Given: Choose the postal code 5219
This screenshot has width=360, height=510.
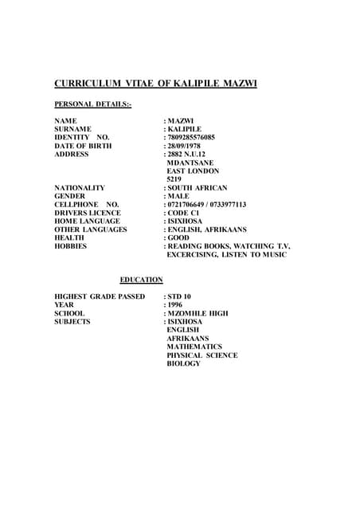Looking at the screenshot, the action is click(x=174, y=179).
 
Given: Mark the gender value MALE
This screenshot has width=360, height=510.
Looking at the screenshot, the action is click(x=178, y=196).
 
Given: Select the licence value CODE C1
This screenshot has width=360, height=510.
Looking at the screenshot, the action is click(x=185, y=213).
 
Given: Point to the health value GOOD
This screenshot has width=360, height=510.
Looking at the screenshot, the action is click(x=179, y=238).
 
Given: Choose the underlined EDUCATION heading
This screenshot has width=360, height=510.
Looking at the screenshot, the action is click(x=141, y=280).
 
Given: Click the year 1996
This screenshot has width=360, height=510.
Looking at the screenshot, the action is click(x=174, y=305).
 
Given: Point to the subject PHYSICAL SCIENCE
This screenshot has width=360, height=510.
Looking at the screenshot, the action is click(x=202, y=355).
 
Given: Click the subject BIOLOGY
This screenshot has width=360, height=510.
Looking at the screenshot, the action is click(x=184, y=364).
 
